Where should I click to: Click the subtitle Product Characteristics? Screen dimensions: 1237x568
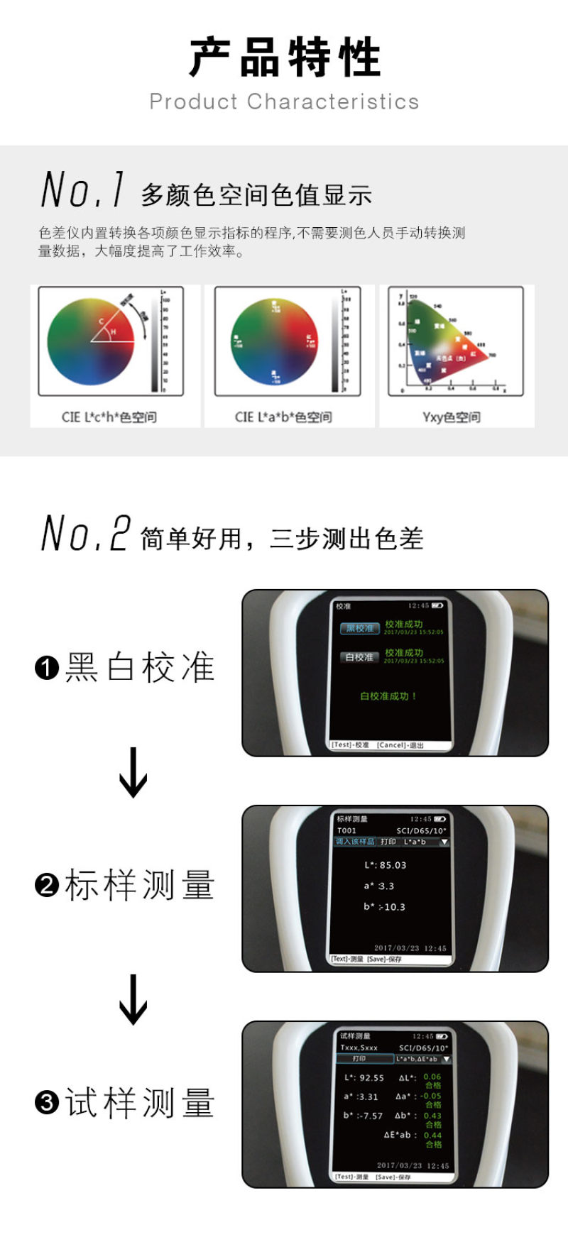point(284,101)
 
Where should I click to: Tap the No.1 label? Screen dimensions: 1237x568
point(83,190)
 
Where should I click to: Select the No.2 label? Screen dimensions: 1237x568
point(85,534)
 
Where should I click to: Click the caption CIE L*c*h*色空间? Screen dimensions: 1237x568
point(109,417)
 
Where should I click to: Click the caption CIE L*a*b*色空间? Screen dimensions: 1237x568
point(283,417)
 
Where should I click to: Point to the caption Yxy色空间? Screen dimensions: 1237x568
point(452,417)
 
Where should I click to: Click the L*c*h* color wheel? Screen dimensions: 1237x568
point(91,341)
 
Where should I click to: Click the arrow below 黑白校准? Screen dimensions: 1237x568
point(133,772)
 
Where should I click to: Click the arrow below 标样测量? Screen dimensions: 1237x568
point(133,999)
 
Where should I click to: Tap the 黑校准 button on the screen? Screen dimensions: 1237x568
point(359,628)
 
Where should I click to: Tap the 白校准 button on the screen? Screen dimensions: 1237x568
point(359,657)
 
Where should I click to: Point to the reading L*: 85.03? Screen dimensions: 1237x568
point(386,865)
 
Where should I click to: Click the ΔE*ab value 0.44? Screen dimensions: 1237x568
point(432,1135)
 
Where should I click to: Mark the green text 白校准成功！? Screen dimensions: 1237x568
point(388,696)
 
